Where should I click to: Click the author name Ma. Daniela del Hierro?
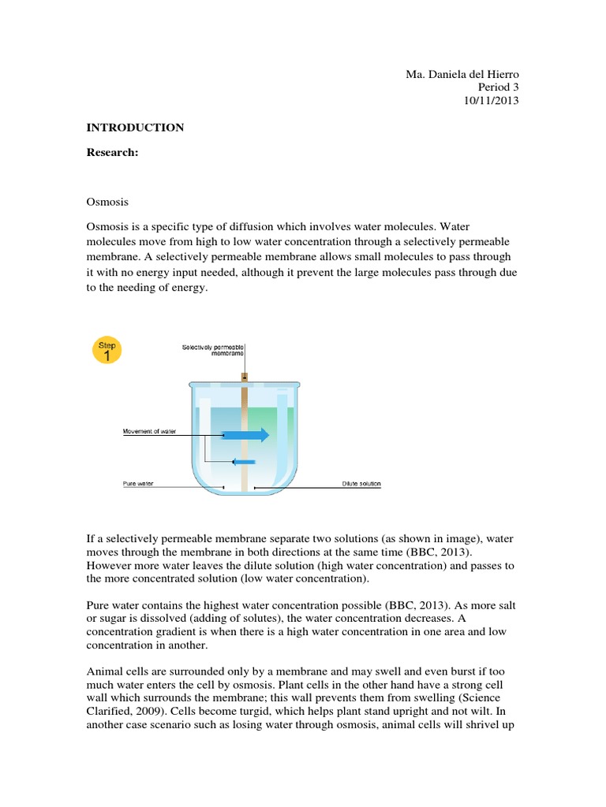[462, 74]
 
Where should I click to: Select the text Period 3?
[499, 87]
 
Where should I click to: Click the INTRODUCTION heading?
[135, 128]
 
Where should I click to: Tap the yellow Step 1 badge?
[107, 351]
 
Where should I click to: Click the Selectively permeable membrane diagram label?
[213, 350]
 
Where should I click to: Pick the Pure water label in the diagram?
[138, 485]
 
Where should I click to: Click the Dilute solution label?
[361, 485]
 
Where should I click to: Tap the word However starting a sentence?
[109, 565]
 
